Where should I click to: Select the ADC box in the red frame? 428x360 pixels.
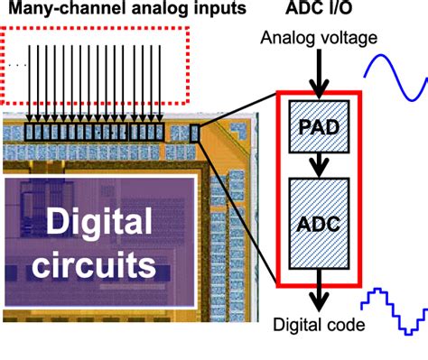tap(315, 222)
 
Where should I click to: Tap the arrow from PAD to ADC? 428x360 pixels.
tap(315, 162)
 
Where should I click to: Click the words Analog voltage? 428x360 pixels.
tap(314, 39)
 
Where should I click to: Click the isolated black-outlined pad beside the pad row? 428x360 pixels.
tap(197, 134)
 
